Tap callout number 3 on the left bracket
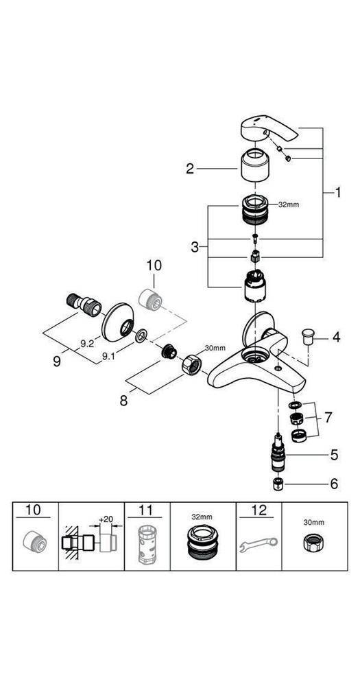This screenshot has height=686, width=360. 195,247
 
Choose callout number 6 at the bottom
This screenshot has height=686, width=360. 334,484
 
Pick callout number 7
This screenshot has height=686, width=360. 328,417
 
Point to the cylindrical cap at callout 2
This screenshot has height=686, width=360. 256,167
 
